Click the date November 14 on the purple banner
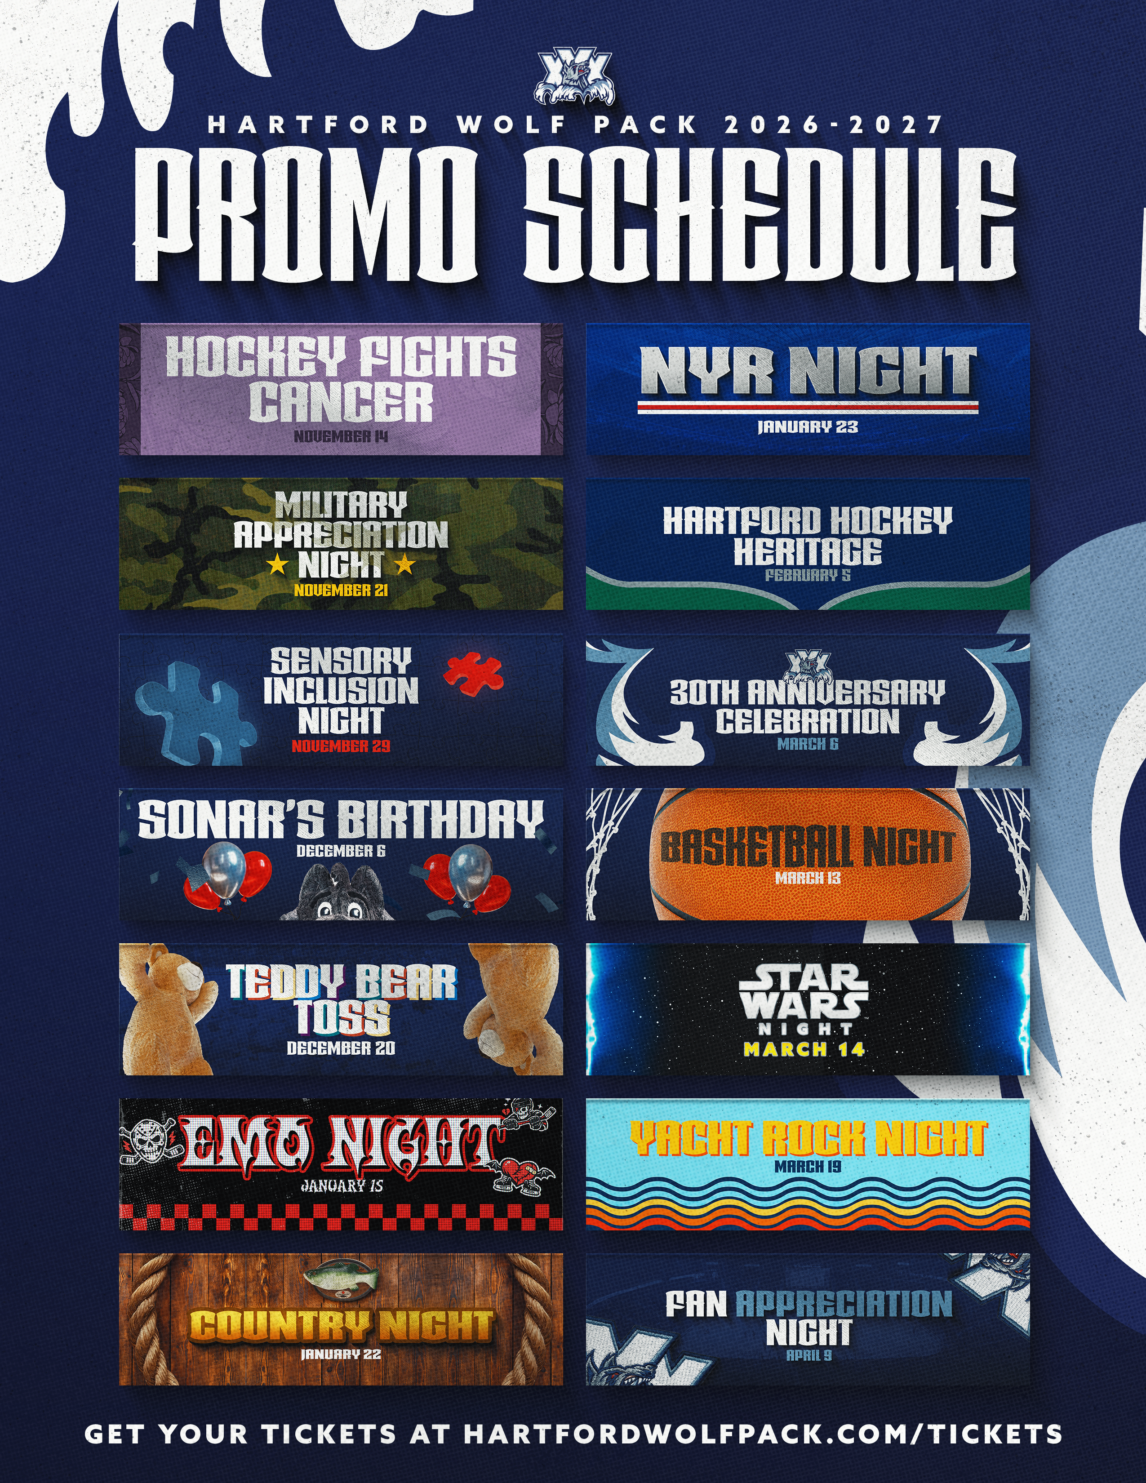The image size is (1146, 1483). click(341, 436)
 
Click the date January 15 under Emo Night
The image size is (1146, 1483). click(342, 1186)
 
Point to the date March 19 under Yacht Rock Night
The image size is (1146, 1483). click(808, 1167)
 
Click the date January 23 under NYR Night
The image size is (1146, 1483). click(808, 426)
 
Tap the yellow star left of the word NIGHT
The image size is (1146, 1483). click(276, 564)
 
